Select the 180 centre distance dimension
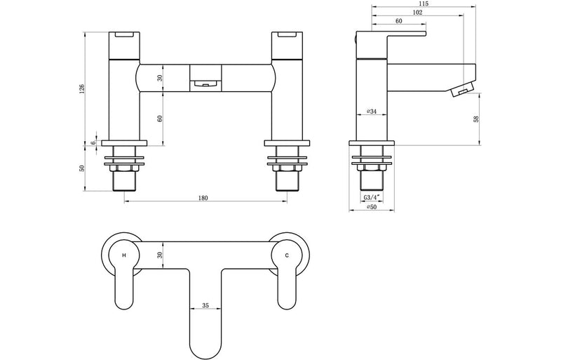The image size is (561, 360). tap(203, 198)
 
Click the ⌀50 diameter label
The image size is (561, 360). tap(372, 208)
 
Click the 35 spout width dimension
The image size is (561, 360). tap(205, 305)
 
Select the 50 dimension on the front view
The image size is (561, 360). tap(82, 168)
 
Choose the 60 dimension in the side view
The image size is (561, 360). tap(398, 21)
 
